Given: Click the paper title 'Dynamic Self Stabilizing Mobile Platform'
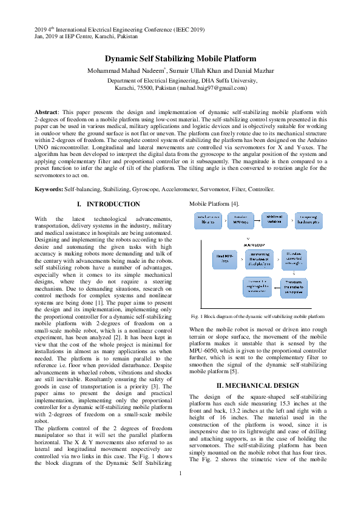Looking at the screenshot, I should (180, 59).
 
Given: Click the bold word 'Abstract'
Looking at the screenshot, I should (46, 112).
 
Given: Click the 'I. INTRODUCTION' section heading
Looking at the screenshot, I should (104, 204).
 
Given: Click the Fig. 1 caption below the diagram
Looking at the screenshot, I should (258, 317).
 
